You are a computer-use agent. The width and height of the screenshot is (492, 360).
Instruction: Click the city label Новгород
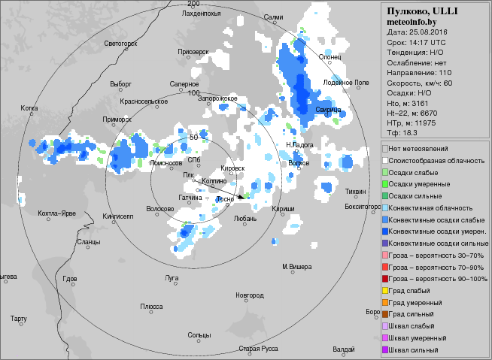click(x=250, y=295)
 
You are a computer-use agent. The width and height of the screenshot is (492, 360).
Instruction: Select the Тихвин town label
click(x=356, y=192)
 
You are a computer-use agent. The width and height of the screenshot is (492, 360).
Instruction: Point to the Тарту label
click(x=19, y=319)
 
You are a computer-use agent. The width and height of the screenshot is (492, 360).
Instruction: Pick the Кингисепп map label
click(x=117, y=216)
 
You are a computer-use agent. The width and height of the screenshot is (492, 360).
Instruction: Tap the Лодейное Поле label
click(x=346, y=82)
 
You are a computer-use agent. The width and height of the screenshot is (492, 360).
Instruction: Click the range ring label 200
click(x=193, y=5)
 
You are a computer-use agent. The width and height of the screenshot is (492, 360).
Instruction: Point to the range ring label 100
click(x=193, y=92)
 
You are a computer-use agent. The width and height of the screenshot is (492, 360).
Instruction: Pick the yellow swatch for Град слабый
click(x=385, y=290)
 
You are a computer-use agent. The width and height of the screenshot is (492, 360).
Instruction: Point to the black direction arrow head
click(x=241, y=197)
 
